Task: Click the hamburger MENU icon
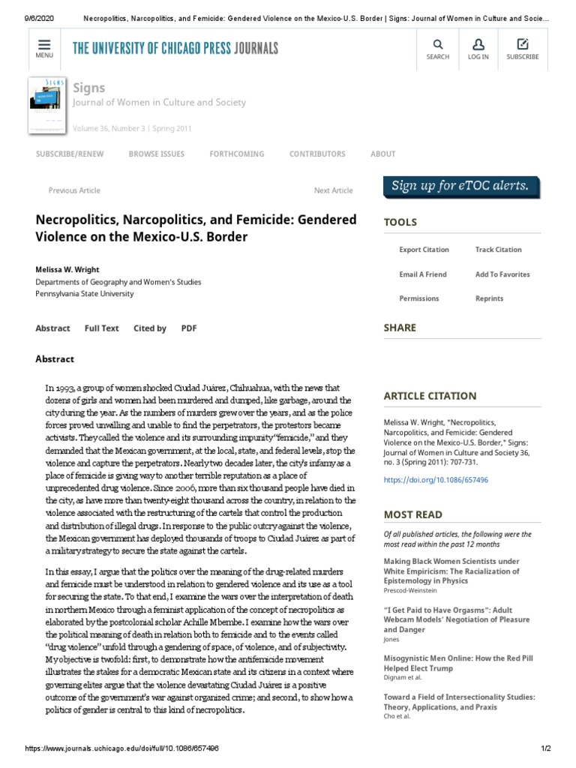[43, 44]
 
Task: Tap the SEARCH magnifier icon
[438, 44]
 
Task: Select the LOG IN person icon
[479, 44]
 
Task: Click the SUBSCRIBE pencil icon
[523, 44]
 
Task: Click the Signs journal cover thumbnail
[46, 105]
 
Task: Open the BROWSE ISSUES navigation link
[156, 154]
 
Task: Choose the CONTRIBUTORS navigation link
[317, 154]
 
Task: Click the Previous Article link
[74, 190]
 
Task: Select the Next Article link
[333, 190]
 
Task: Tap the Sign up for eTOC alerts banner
[461, 186]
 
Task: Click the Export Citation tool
[424, 250]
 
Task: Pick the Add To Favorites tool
[502, 274]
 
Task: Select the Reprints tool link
[489, 298]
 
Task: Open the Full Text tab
[102, 328]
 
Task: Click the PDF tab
[189, 328]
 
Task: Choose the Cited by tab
[150, 328]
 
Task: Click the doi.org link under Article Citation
[424, 478]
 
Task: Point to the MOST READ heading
[412, 514]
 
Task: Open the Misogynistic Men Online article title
[457, 661]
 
